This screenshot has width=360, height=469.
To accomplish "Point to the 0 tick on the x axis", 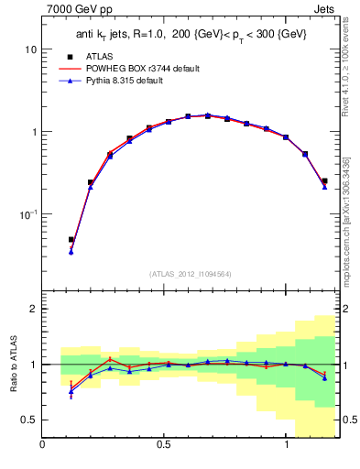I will (x=43, y=445).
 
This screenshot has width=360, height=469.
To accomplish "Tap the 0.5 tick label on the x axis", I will (x=163, y=445).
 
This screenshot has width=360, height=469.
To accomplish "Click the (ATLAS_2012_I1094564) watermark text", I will (x=191, y=274).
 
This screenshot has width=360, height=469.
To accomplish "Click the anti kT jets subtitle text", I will (x=190, y=35).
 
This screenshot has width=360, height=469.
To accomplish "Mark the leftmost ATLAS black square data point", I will (x=71, y=240).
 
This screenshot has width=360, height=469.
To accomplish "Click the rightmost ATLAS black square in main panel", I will (x=324, y=181).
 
